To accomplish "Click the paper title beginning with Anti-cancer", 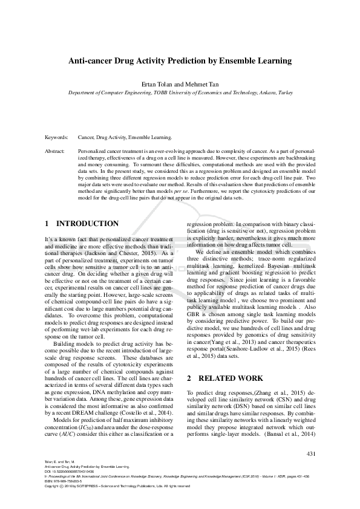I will pyautogui.click(x=180, y=61).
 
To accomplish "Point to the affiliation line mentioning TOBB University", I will pyautogui.click(x=180, y=93).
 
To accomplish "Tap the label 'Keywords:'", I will pyautogui.click(x=56, y=138).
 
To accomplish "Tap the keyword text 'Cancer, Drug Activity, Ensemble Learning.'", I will pyautogui.click(x=125, y=138).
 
